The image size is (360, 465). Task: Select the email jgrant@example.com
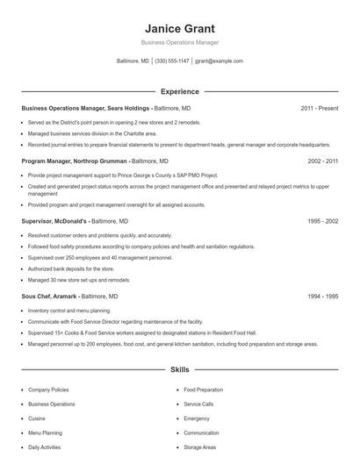[219, 61]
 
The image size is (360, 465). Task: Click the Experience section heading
[179, 91]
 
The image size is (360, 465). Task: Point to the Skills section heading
[179, 371]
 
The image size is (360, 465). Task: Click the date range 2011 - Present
[319, 109]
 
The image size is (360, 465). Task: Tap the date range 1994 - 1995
[322, 297]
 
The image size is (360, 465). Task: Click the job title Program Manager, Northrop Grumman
[76, 161]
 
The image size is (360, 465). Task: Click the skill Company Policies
[49, 389]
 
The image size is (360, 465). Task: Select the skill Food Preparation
[204, 389]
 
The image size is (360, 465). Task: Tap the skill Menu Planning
[46, 433]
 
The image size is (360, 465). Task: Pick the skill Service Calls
[198, 404]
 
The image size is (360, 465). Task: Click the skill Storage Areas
[201, 447]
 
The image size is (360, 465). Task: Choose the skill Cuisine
[38, 418]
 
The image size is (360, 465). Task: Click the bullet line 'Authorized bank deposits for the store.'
[70, 269]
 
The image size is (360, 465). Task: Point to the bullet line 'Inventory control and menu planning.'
[68, 311]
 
